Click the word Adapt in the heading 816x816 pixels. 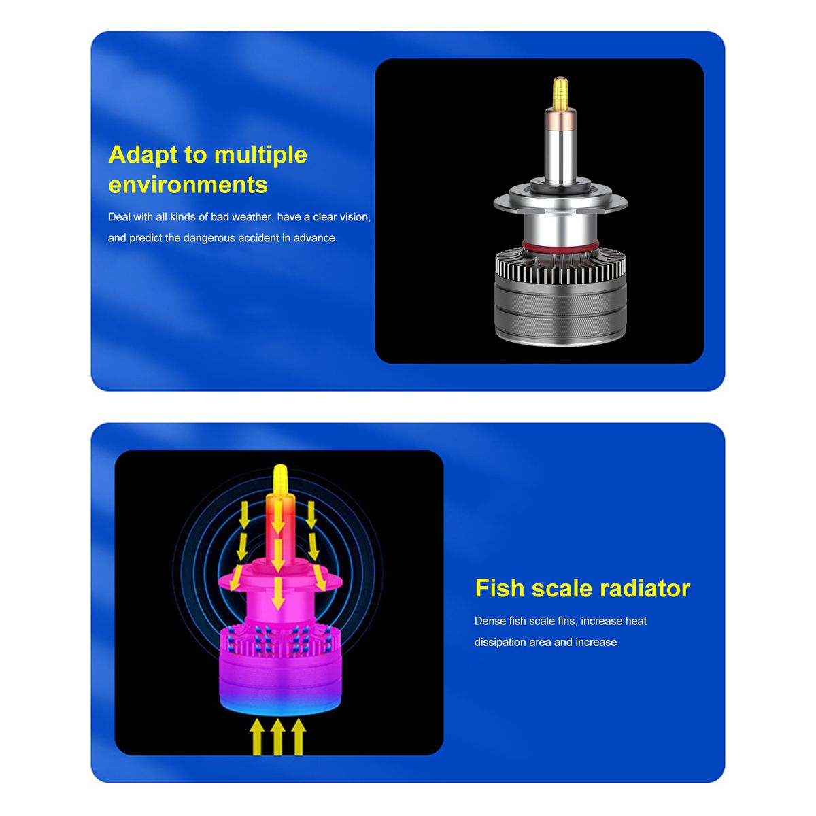pyautogui.click(x=142, y=156)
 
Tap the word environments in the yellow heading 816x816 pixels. pyautogui.click(x=188, y=185)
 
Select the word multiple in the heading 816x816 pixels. pyautogui.click(x=260, y=156)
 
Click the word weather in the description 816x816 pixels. pyautogui.click(x=253, y=217)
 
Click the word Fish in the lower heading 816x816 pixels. pyautogui.click(x=500, y=588)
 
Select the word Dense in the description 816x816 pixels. pyautogui.click(x=490, y=621)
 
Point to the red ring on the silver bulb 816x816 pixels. pyautogui.click(x=560, y=245)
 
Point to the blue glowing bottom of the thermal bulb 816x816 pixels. pyautogui.click(x=280, y=703)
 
